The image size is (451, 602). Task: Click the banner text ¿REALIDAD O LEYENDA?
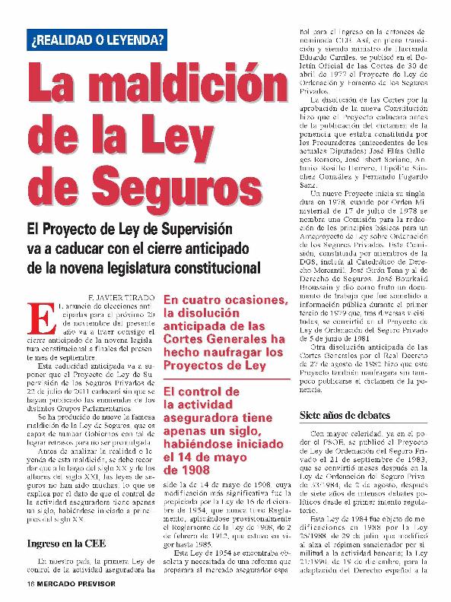coord(97,39)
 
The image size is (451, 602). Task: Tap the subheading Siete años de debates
coord(345,416)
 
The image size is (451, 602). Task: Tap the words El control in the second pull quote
coord(193,392)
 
